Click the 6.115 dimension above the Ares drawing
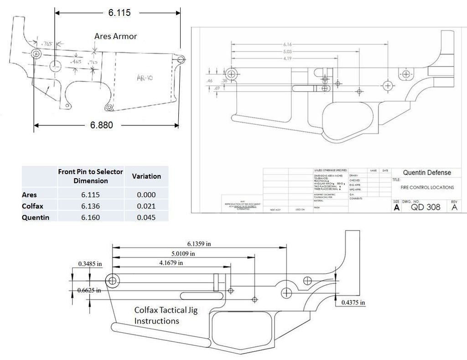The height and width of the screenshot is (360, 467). [x=119, y=13]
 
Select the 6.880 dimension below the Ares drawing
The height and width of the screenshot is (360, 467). [x=101, y=125]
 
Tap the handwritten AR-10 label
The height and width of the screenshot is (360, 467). [x=145, y=78]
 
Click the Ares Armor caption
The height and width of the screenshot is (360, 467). [x=115, y=36]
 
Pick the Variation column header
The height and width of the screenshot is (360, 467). [x=146, y=176]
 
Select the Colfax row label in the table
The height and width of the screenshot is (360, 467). [x=32, y=206]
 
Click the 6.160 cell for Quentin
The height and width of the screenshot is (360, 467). [x=90, y=217]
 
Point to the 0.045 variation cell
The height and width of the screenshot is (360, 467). [x=146, y=217]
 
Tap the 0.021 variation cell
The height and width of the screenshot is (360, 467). [x=146, y=206]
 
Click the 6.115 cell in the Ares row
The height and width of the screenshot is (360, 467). [x=90, y=195]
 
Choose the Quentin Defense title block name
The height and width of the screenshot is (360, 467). [x=427, y=172]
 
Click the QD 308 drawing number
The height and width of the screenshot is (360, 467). [x=425, y=206]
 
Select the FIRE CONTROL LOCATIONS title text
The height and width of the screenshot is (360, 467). [x=427, y=187]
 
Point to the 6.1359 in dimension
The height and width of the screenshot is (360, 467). [x=199, y=244]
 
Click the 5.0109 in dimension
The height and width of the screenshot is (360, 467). [x=183, y=253]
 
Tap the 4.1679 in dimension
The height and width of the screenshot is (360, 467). [x=171, y=262]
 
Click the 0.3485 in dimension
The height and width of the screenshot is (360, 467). [x=90, y=264]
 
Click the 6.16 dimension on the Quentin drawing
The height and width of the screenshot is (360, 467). [x=287, y=44]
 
